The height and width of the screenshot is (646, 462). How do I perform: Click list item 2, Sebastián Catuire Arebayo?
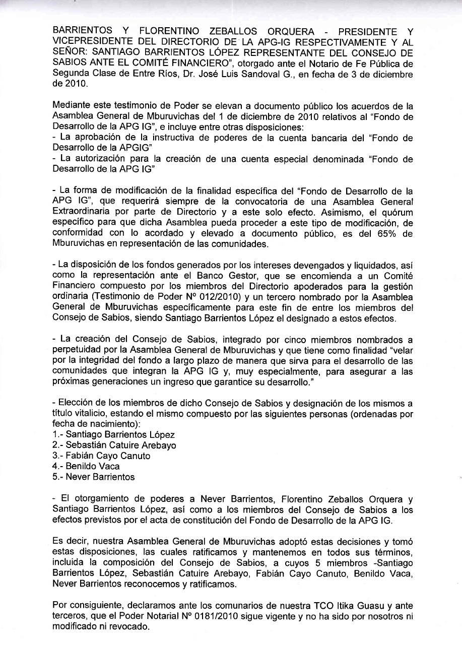click(114, 445)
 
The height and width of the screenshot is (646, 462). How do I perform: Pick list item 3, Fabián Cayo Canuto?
click(101, 456)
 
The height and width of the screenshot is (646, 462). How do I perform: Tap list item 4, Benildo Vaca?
click(86, 466)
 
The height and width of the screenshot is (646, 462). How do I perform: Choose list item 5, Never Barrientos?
click(94, 477)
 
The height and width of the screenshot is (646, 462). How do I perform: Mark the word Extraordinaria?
click(83, 212)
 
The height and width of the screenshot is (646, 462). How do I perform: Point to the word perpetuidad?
click(77, 350)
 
